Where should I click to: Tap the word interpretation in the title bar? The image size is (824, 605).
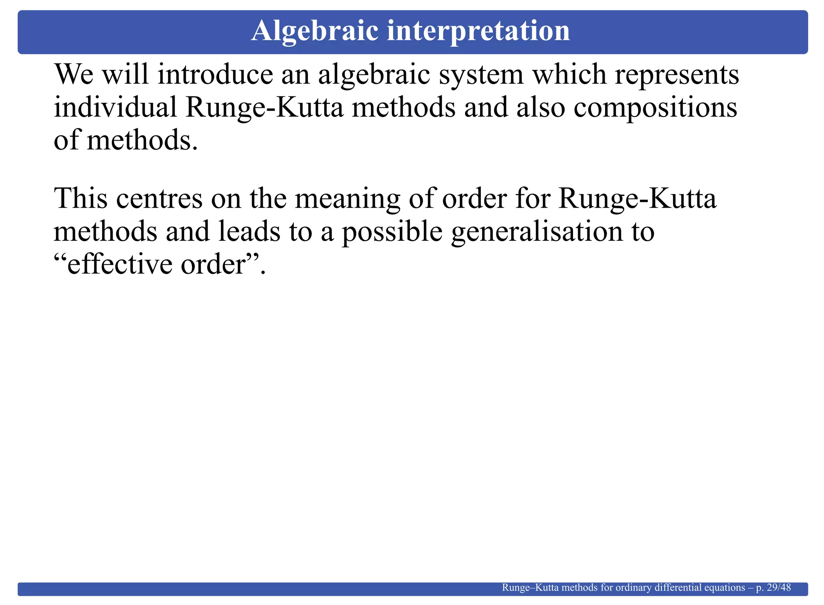tap(478, 31)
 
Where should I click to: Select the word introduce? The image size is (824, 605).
tap(215, 75)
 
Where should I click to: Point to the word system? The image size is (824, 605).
tap(481, 76)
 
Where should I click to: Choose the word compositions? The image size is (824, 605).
tap(655, 109)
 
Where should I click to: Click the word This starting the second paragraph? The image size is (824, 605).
tap(80, 199)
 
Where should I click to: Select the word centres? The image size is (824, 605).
tap(159, 199)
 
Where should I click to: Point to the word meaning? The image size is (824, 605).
tap(348, 199)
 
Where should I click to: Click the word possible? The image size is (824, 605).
tap(392, 233)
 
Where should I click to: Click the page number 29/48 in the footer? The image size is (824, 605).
tap(779, 588)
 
